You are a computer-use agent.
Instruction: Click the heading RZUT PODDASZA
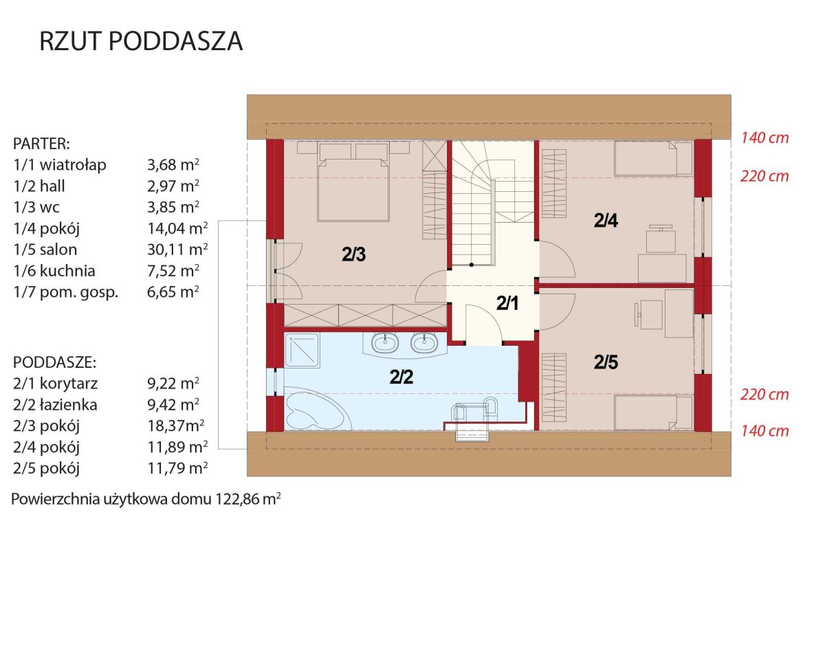tap(141, 41)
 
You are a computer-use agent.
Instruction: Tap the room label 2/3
tap(353, 254)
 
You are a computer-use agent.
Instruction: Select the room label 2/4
tap(606, 221)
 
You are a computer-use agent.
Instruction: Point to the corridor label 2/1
tap(507, 303)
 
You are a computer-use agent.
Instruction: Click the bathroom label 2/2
tap(401, 377)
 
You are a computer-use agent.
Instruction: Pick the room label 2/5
tap(606, 362)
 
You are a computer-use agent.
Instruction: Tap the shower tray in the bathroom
tap(302, 351)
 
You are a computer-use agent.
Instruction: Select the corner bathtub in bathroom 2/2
tap(318, 408)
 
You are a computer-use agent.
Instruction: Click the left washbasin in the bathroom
tap(385, 344)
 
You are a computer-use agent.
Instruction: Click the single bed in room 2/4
tap(654, 158)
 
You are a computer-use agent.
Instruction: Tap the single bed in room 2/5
tap(654, 412)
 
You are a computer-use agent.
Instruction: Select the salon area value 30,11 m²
tap(177, 250)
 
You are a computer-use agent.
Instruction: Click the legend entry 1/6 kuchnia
tap(54, 271)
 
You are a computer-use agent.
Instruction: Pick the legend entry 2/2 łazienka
tap(55, 405)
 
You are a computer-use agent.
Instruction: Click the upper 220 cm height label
tap(764, 177)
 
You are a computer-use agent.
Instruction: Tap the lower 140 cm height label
tap(764, 431)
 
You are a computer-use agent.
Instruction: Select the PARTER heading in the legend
tap(41, 144)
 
